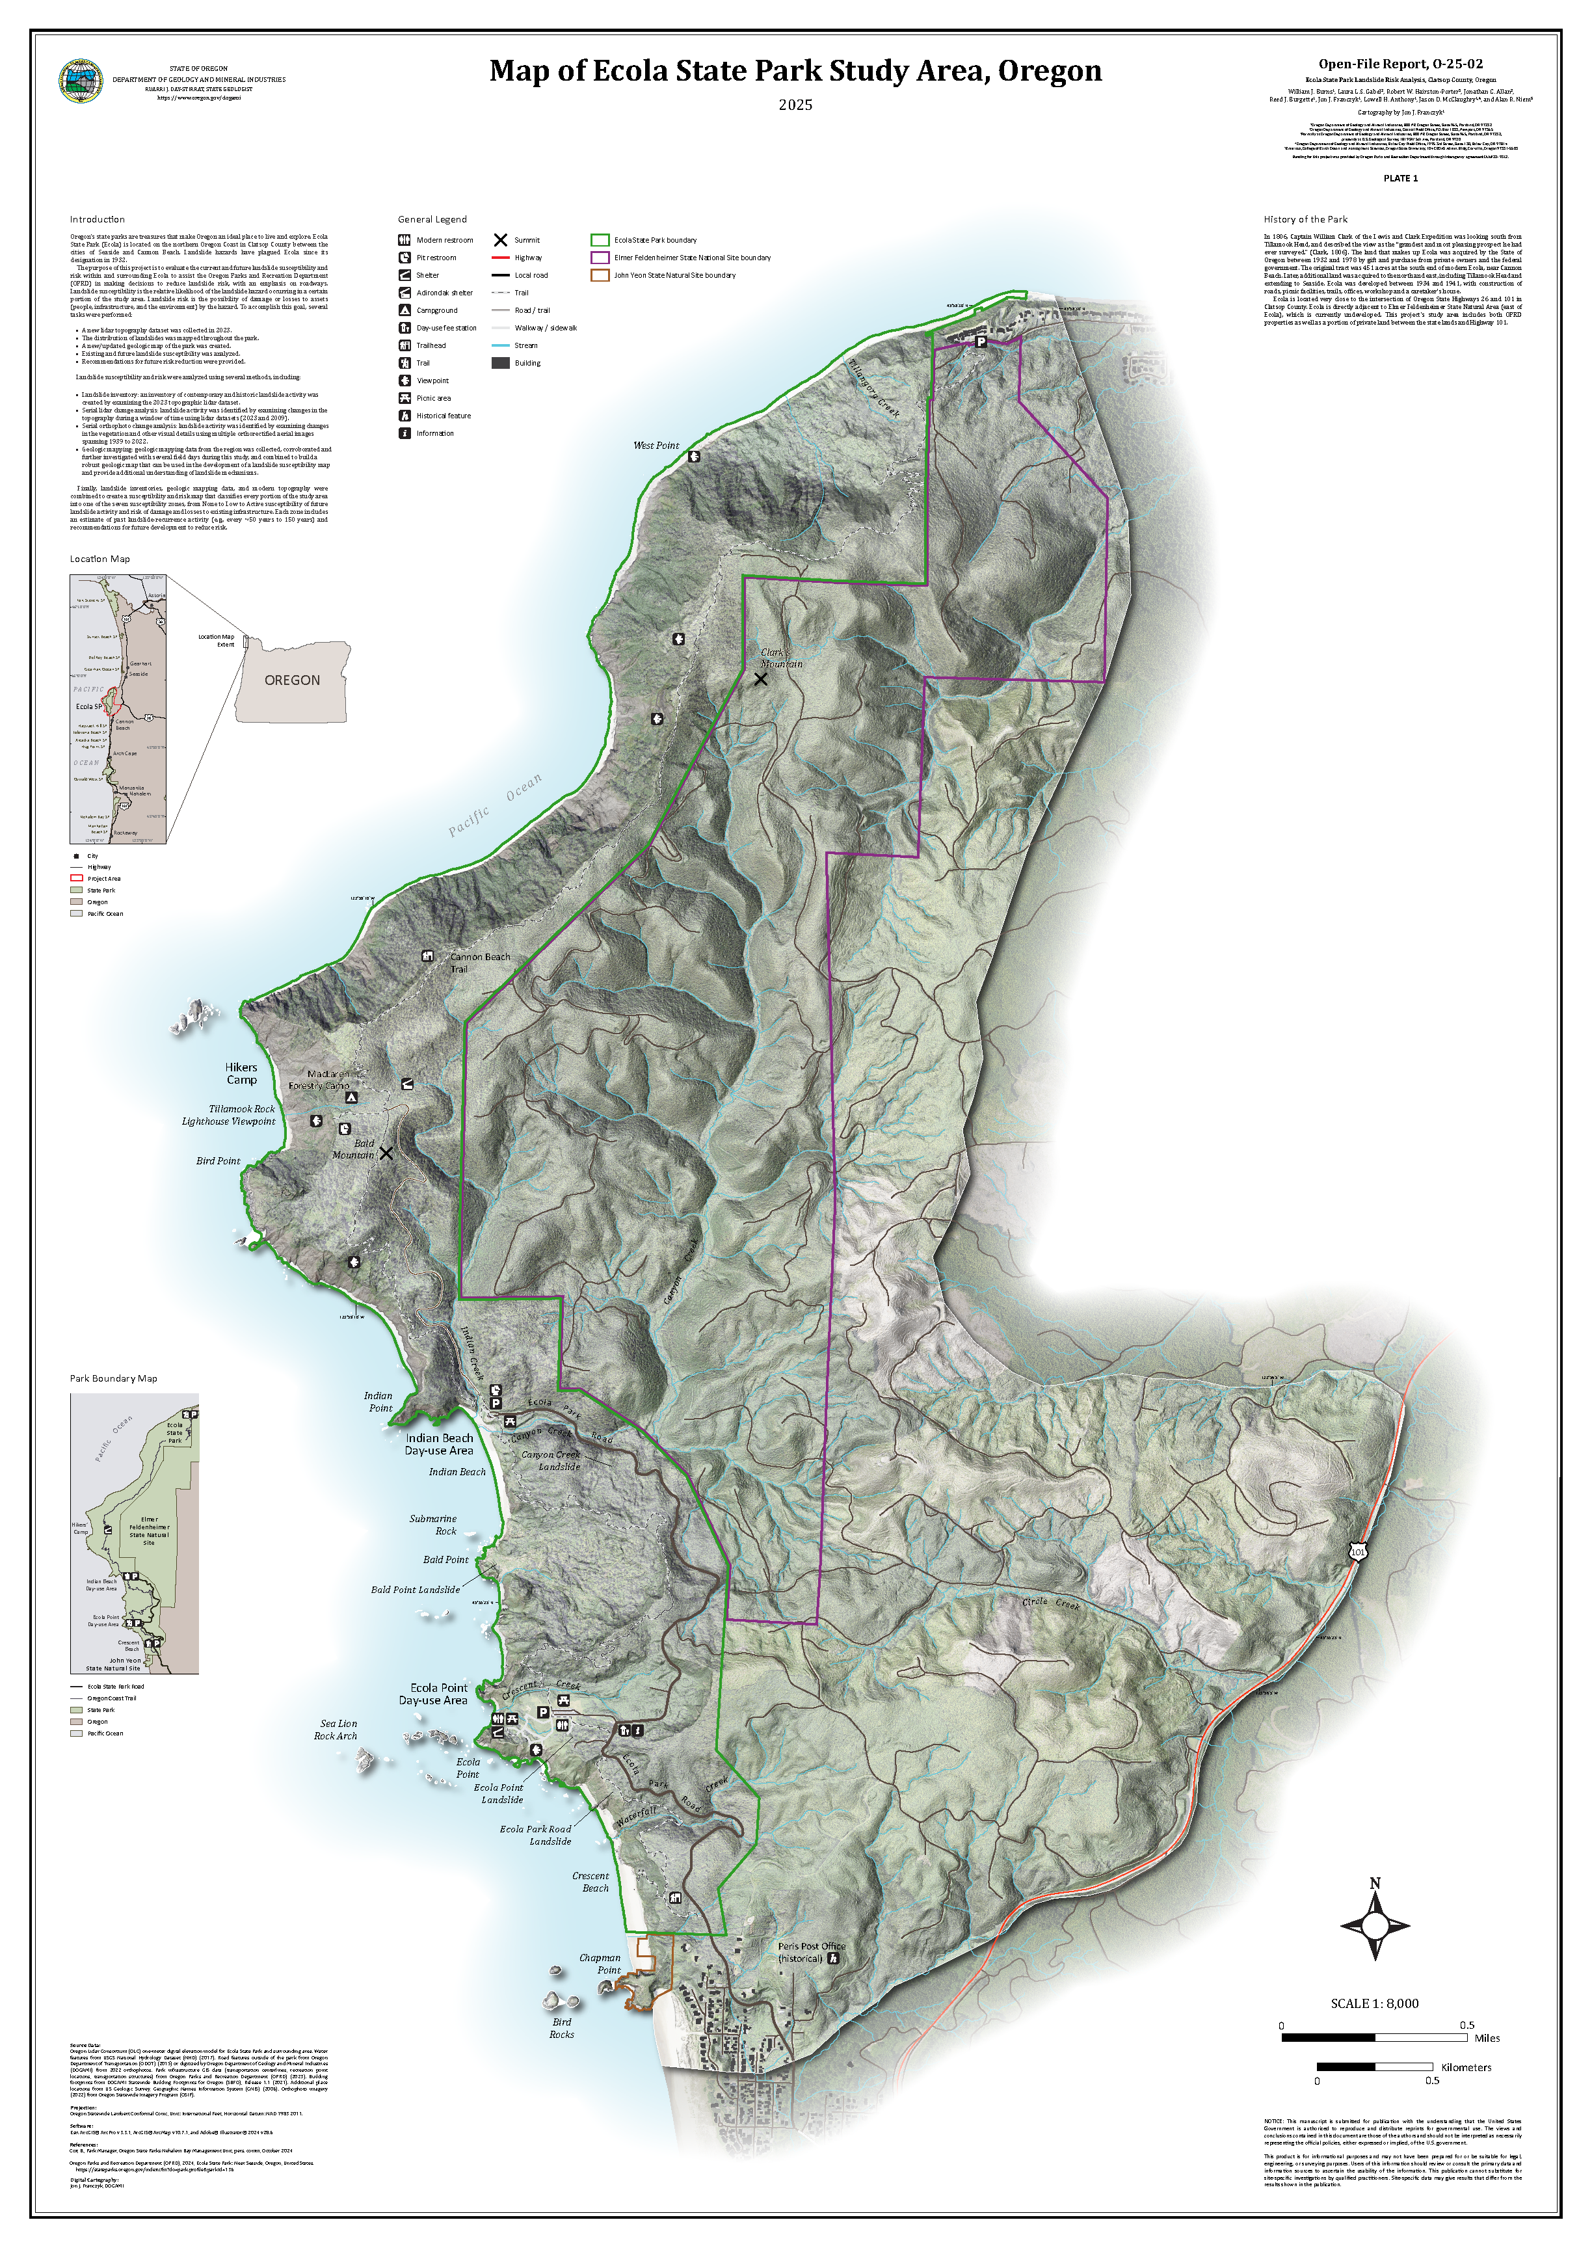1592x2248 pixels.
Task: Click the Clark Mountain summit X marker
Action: point(761,678)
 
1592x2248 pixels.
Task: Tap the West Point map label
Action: point(656,445)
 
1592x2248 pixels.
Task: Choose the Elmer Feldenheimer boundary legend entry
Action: point(692,258)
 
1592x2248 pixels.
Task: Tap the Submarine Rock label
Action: point(433,1525)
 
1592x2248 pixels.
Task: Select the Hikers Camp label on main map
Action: point(241,1073)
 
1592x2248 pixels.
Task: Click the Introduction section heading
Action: point(97,220)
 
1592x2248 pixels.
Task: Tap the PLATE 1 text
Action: point(1400,178)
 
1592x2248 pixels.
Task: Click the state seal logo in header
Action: point(81,81)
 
